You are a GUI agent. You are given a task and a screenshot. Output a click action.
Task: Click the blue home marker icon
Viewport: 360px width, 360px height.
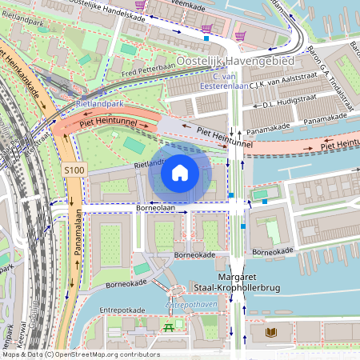tap(180, 173)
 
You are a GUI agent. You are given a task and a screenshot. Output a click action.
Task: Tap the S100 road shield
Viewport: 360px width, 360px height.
tap(74, 170)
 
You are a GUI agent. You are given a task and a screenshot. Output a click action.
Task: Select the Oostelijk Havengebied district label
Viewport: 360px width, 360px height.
tap(235, 62)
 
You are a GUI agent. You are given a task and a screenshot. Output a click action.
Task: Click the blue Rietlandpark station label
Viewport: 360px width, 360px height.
tap(99, 103)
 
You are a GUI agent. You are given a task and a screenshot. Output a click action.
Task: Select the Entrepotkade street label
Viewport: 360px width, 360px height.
tap(122, 310)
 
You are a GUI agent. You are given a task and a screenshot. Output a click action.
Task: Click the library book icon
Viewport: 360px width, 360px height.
tap(267, 330)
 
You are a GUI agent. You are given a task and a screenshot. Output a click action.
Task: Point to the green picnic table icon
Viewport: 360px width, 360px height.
tap(170, 326)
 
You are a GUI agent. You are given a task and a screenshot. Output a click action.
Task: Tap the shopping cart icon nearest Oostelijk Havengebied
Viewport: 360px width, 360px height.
tap(241, 34)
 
